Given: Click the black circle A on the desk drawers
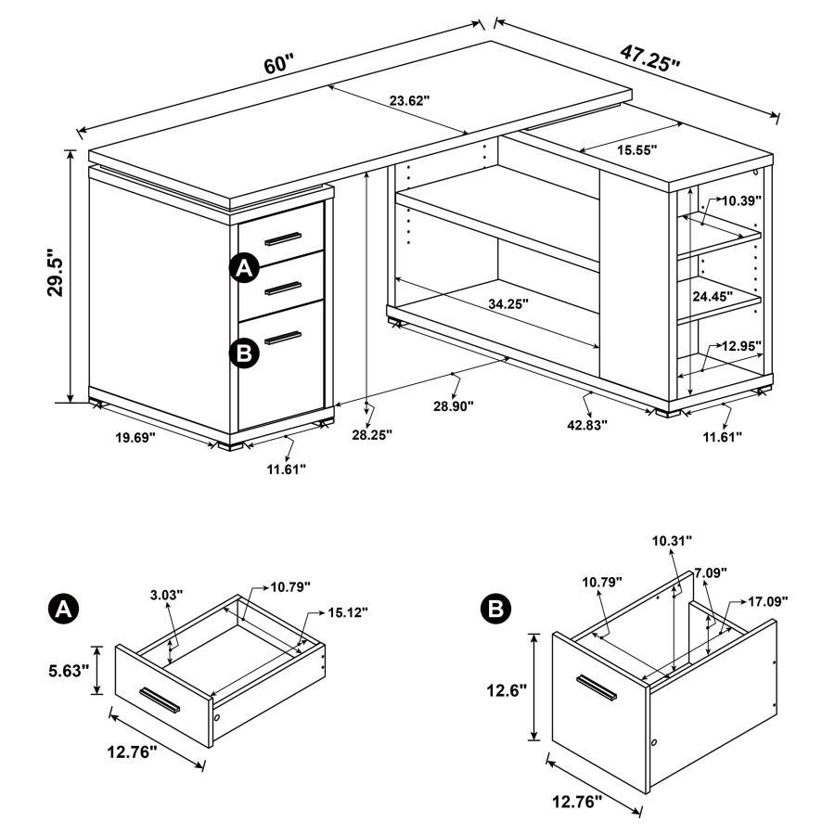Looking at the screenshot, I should [243, 269].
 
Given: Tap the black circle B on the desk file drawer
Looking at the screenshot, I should [243, 352].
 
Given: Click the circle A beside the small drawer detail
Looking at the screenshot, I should [62, 609].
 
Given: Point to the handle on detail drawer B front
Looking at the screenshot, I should [597, 687].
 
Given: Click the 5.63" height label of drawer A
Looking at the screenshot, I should [71, 669].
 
